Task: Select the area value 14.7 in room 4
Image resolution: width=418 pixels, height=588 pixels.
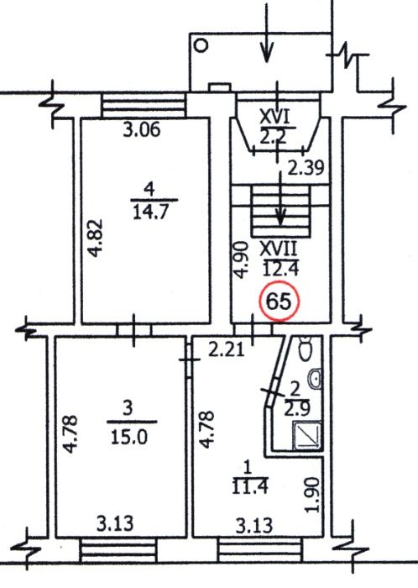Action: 150,211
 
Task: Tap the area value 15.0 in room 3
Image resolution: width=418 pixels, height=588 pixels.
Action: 127,437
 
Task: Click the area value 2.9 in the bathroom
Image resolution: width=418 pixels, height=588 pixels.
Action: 293,409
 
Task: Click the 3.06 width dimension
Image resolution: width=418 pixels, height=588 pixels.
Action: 140,130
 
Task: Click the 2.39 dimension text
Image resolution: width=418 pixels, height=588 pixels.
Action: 304,168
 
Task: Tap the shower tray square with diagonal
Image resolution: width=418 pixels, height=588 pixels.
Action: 305,437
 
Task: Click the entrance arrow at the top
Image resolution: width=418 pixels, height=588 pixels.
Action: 266,34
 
